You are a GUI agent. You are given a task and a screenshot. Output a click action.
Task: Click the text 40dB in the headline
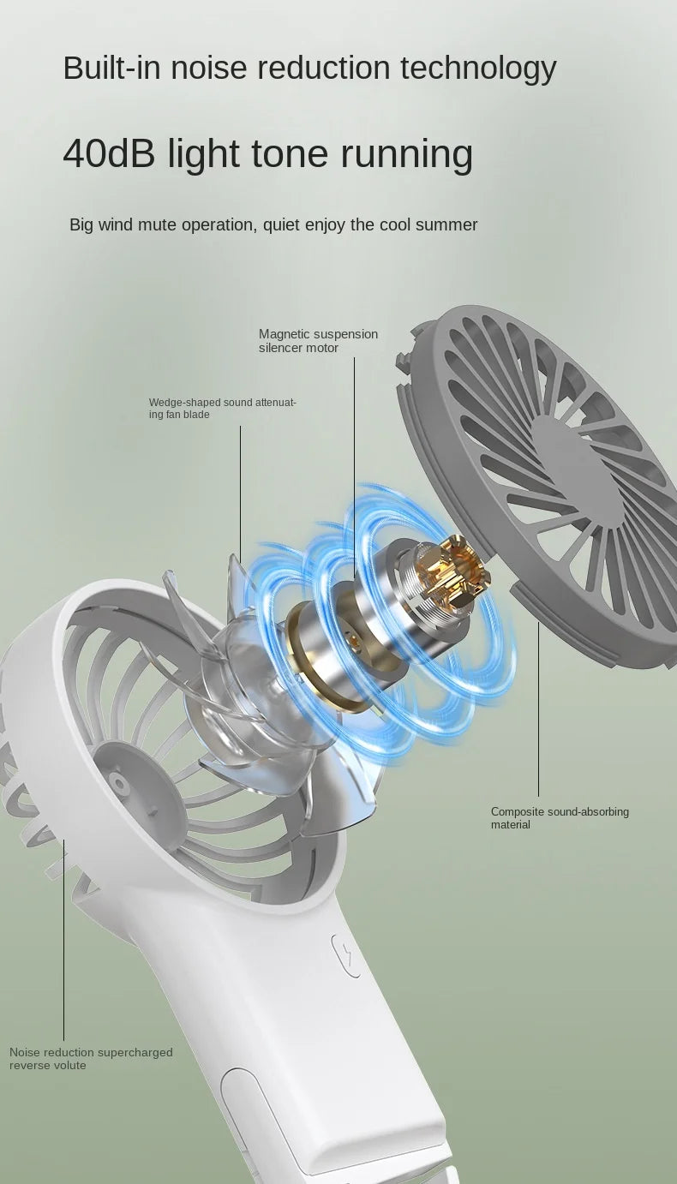[x=109, y=153]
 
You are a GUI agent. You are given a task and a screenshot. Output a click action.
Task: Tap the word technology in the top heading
[x=478, y=69]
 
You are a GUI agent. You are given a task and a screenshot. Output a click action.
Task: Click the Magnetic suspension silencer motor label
[x=319, y=341]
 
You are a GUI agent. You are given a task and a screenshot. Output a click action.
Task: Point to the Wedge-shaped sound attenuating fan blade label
[x=222, y=409]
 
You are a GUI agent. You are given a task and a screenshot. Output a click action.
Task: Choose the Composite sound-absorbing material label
[x=560, y=817]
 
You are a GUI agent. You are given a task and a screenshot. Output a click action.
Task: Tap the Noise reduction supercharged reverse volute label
[x=91, y=1058]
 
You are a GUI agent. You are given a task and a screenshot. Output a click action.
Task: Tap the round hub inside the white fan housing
[x=119, y=781]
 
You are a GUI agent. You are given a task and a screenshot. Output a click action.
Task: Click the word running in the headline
[x=406, y=154]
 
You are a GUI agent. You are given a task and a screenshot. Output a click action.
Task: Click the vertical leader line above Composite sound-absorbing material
[x=538, y=709]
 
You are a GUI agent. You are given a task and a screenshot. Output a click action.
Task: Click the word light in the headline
[x=203, y=154]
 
